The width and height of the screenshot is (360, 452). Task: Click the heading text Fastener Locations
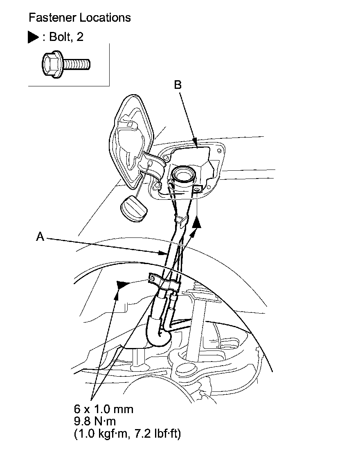click(x=80, y=18)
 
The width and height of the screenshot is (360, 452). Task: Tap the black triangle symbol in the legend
click(x=33, y=37)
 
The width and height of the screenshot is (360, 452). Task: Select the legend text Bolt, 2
click(x=66, y=37)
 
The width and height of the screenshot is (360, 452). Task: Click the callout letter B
click(x=178, y=85)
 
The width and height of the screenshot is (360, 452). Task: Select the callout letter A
click(x=40, y=236)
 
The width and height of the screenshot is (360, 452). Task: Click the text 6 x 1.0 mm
click(x=103, y=409)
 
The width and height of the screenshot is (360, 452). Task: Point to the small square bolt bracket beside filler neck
click(x=197, y=189)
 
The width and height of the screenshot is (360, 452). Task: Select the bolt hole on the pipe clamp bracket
click(x=151, y=278)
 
